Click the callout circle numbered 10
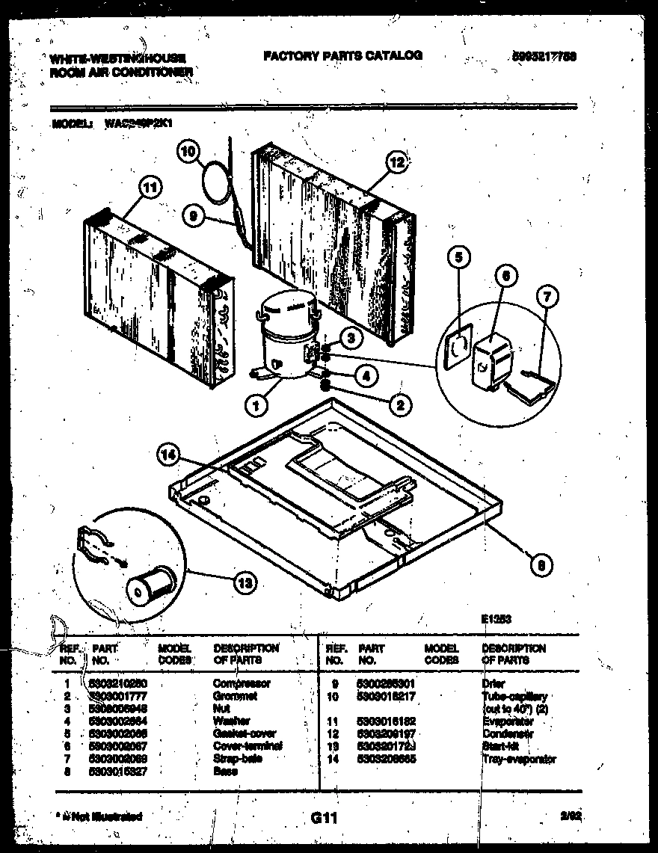(190, 152)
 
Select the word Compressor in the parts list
(242, 683)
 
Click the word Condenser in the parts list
(508, 734)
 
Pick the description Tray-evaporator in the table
(518, 760)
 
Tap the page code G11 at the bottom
(322, 819)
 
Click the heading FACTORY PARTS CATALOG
(342, 55)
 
